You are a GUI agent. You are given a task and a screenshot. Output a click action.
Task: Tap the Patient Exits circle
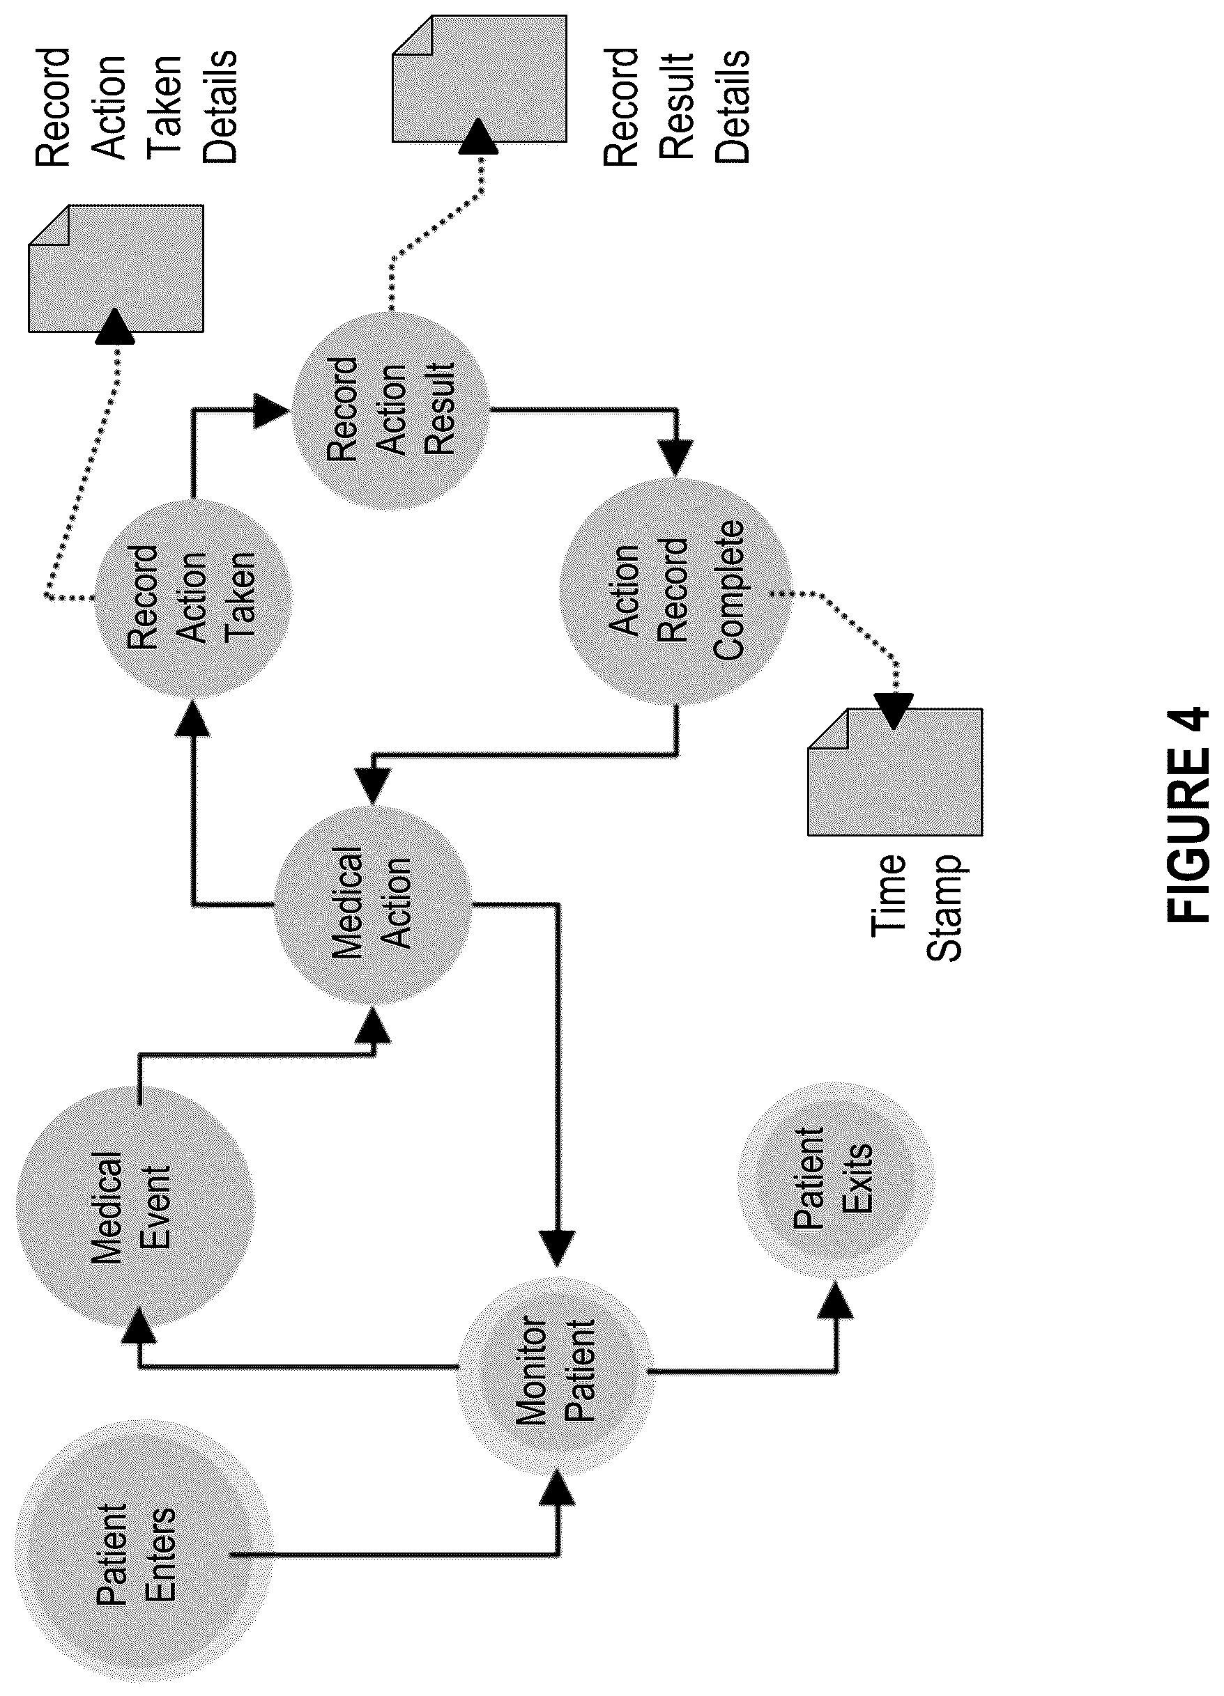[836, 1179]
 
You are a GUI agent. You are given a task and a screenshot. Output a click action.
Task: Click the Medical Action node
[373, 906]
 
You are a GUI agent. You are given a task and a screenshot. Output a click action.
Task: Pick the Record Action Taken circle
[192, 598]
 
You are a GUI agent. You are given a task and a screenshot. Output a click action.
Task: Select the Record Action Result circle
[390, 409]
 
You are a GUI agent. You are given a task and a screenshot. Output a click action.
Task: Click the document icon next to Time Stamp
[895, 772]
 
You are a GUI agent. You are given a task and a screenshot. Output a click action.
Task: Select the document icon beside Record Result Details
[479, 78]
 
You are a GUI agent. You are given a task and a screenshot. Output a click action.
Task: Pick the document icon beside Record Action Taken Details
[115, 267]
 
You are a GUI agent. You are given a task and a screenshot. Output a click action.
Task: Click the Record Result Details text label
[676, 106]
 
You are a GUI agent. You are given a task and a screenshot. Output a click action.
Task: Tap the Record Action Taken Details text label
[136, 106]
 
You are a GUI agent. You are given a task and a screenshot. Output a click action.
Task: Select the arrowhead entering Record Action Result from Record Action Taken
[271, 410]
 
